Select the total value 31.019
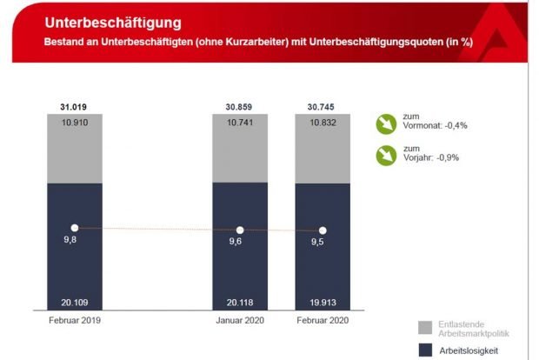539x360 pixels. [x=74, y=107]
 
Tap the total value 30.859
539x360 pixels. [x=240, y=107]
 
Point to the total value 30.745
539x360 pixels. [x=323, y=107]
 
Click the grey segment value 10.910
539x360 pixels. [x=74, y=123]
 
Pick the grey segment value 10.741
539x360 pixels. [x=240, y=123]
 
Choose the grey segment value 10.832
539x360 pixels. [x=323, y=123]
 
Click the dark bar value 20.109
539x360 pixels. [x=74, y=301]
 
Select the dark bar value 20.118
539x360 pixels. [x=240, y=301]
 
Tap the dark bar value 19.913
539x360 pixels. [x=323, y=301]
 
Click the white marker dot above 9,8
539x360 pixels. [x=74, y=228]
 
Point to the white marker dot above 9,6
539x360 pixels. [x=240, y=230]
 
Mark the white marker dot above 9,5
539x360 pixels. [x=323, y=231]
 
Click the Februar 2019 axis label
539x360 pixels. [x=74, y=320]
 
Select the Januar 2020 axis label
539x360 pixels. [x=240, y=320]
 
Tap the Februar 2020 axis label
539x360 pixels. [x=323, y=320]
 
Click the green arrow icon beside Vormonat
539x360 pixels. [x=386, y=124]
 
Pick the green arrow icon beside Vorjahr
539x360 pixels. [x=386, y=157]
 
